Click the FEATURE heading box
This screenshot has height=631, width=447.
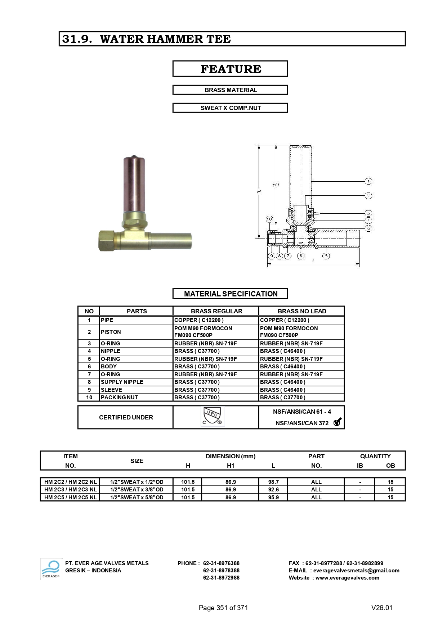(x=230, y=69)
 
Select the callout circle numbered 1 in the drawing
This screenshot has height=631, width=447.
(x=368, y=181)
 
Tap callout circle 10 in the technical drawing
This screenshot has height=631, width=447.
(x=269, y=219)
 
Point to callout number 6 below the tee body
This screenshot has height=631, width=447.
(x=301, y=256)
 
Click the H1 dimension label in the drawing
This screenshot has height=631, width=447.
(x=276, y=185)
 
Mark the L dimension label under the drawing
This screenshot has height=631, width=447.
(x=313, y=260)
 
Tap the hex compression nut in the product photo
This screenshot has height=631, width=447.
(x=107, y=241)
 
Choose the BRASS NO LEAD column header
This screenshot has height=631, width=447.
(x=302, y=311)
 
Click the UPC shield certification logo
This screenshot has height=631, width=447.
(x=213, y=417)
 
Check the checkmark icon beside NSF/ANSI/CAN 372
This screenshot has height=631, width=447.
(x=337, y=422)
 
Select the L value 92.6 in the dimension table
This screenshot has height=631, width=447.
(x=273, y=490)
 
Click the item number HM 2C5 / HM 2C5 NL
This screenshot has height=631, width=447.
(x=70, y=497)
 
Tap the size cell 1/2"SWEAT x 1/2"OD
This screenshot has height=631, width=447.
(x=137, y=482)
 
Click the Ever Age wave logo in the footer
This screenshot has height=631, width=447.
(x=52, y=569)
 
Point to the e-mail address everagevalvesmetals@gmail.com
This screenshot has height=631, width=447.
(x=356, y=571)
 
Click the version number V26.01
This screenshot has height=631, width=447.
(x=381, y=608)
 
